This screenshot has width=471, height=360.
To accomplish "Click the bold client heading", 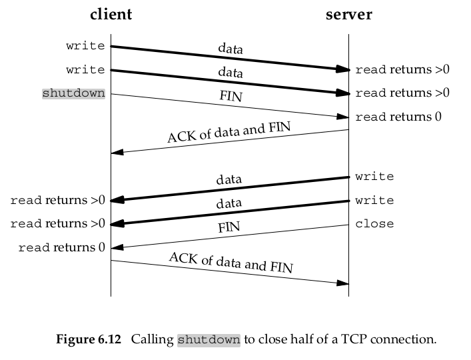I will point(111,15).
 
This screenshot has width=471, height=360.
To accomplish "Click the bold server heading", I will point(348,15).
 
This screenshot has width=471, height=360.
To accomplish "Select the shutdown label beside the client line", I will point(73,93).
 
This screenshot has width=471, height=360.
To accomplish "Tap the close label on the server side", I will point(374,224).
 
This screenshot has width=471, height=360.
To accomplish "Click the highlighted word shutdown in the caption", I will point(209,339).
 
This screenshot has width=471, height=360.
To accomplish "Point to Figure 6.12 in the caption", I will point(88,339).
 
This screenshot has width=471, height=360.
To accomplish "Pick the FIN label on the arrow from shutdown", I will point(231,96).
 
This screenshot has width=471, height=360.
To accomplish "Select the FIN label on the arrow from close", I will point(229,227).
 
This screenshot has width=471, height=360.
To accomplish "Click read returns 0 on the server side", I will point(398,117).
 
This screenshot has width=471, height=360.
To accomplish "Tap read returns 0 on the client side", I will point(61,248).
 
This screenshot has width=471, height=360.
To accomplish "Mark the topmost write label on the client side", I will point(85,46).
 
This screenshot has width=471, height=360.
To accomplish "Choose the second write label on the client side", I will point(85,70).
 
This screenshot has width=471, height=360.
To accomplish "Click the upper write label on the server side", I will point(374,177).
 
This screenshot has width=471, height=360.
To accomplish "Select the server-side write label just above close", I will point(374,201).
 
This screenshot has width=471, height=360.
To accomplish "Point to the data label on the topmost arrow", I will point(231,49).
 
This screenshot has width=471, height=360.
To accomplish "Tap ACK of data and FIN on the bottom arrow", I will point(231,262).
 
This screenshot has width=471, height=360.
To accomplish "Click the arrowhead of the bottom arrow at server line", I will point(342,283).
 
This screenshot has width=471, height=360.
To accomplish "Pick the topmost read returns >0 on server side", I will point(402,69).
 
